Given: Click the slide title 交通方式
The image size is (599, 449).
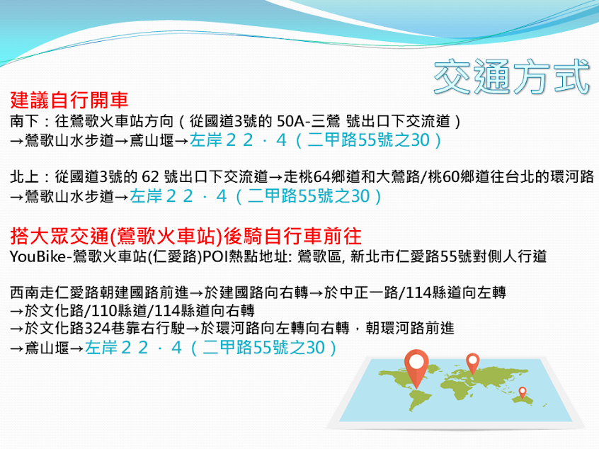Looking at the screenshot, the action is tap(512, 76).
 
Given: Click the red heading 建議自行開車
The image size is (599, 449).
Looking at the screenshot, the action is tap(69, 100).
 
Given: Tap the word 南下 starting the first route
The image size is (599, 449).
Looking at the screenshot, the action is tap(25, 121).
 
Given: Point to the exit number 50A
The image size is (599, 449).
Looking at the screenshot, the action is tap(291, 121).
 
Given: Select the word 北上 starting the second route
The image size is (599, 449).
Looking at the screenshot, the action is tap(25, 176).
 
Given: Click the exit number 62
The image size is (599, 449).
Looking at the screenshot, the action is tap(150, 177).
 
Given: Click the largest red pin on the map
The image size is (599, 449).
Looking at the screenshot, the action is tap(416, 368).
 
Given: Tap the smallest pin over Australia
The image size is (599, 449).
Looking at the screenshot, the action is tap(523, 392).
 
